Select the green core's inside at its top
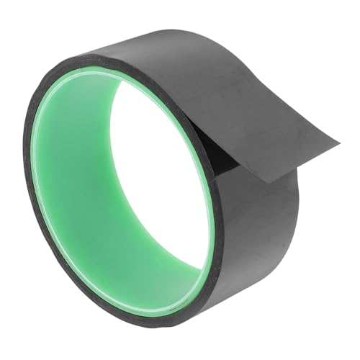pyautogui.click(x=108, y=72)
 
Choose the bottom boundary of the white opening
pyautogui.click(x=173, y=277)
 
